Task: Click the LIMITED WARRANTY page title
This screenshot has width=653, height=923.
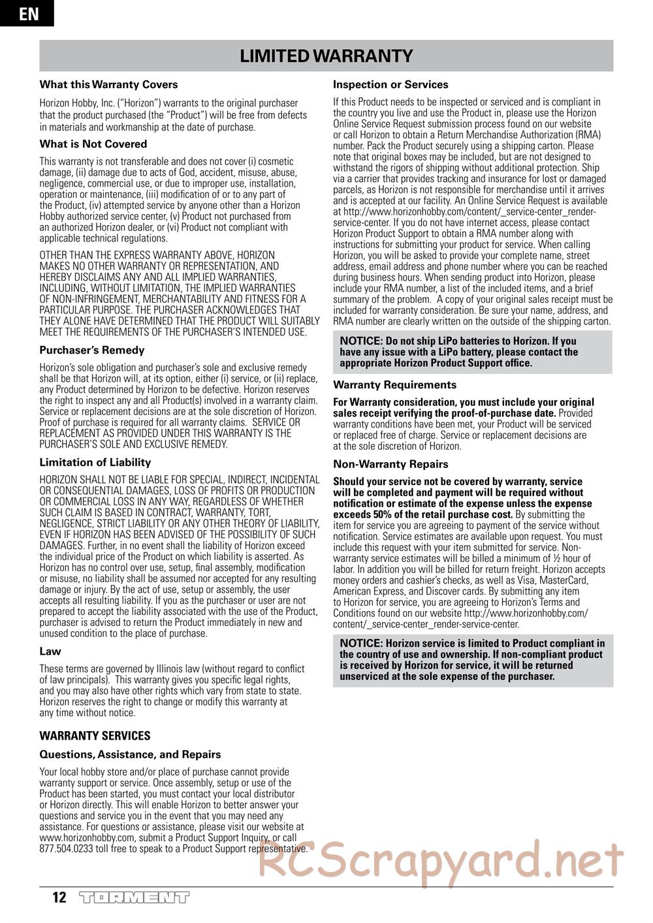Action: (326, 56)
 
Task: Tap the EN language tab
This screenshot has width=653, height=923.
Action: (27, 13)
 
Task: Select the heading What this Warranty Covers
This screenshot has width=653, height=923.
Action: (108, 84)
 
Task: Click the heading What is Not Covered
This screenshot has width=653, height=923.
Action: (93, 144)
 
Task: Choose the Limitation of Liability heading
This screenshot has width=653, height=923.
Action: (95, 462)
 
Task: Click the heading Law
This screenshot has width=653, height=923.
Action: (50, 651)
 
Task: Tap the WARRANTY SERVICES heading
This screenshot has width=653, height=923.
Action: (95, 736)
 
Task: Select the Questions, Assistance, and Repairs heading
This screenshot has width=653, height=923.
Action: (130, 755)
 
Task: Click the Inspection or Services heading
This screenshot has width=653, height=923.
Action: (390, 84)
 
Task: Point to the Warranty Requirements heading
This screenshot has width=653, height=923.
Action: (394, 385)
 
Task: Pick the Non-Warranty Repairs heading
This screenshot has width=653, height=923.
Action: (390, 464)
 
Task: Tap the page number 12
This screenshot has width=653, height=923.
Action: (59, 898)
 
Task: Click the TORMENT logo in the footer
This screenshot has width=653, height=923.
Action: (134, 898)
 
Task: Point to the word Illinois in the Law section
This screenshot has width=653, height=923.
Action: (182, 669)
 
